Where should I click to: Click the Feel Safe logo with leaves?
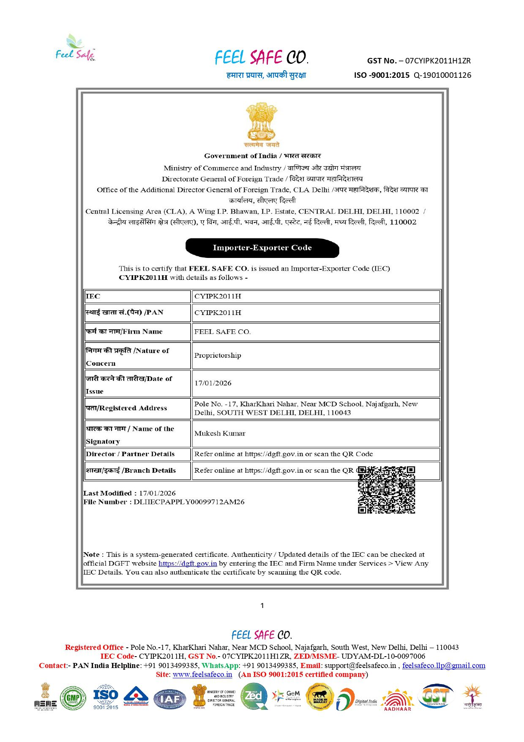coord(76,48)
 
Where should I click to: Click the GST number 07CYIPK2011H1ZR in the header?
coord(438,60)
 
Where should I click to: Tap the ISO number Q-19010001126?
coord(442,75)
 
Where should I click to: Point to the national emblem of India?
coord(262,124)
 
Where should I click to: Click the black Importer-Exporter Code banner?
coord(262,248)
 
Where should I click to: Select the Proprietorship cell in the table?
coord(218,355)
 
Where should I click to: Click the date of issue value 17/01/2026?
coord(213,383)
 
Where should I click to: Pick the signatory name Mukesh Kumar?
coord(220,433)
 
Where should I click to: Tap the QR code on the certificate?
coord(386,490)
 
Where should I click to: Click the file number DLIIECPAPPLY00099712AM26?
coord(189,502)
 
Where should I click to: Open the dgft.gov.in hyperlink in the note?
coord(188,563)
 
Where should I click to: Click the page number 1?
coord(262,605)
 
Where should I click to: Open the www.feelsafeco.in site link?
coord(202,674)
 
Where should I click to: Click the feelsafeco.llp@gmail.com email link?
coord(444,665)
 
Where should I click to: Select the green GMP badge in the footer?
coord(73,698)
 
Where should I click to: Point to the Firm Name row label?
coord(124,331)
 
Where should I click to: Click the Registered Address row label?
coord(126,408)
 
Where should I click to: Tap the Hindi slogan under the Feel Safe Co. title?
coord(266,75)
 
